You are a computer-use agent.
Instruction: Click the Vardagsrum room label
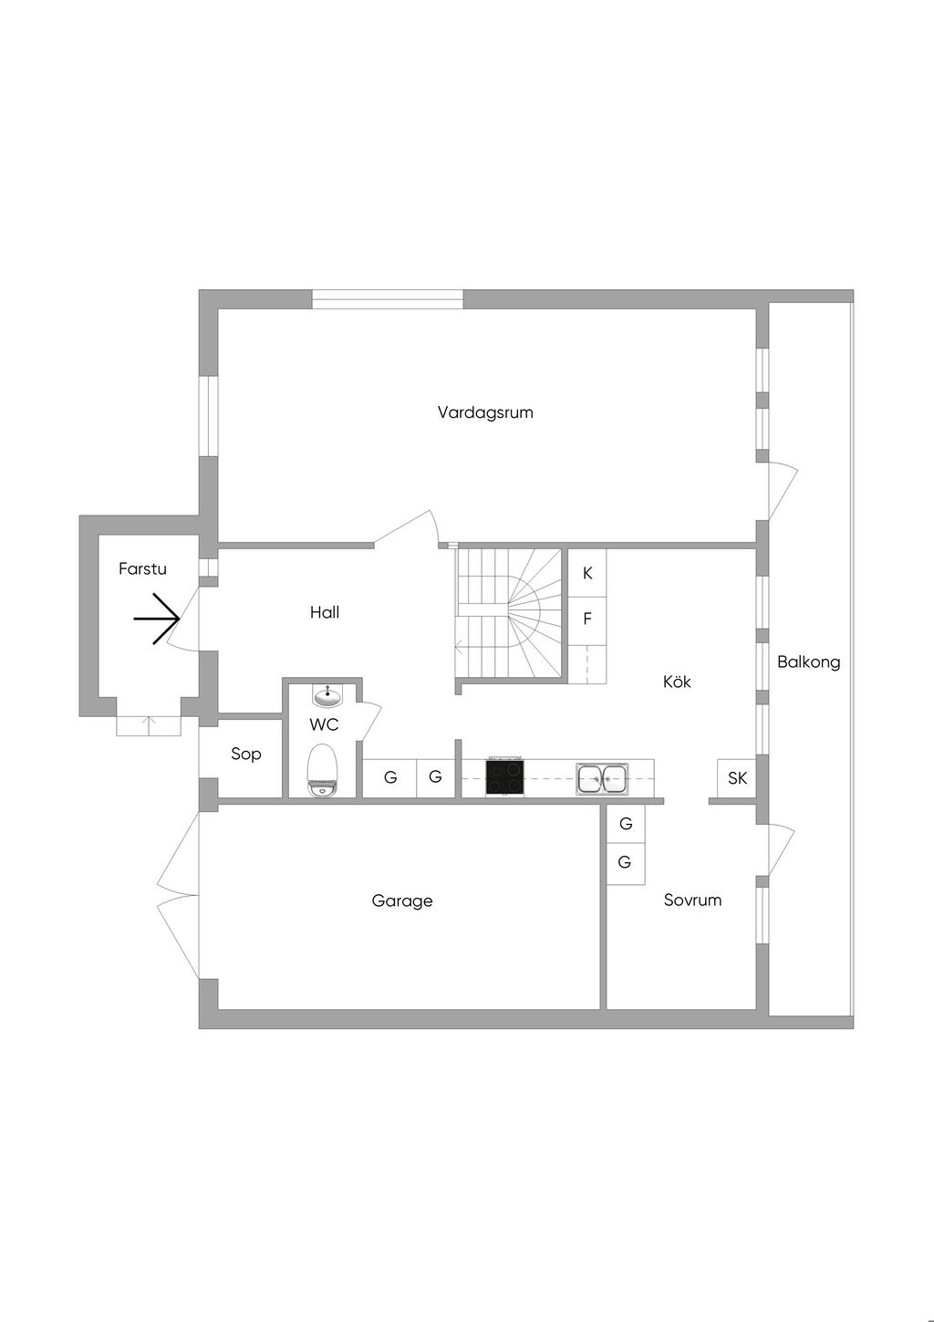[x=484, y=412]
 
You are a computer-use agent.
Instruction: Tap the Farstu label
[x=142, y=568]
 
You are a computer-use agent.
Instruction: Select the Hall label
[x=324, y=612]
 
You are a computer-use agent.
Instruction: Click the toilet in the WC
[x=322, y=769]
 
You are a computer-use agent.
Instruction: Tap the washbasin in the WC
[x=327, y=696]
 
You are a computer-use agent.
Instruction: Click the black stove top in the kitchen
[x=504, y=777]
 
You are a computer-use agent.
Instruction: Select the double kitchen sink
[x=602, y=779]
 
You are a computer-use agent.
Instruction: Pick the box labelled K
[x=587, y=573]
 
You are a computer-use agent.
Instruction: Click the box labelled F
[x=587, y=619]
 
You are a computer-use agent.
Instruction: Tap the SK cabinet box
[x=737, y=778]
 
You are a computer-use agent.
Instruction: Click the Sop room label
[x=245, y=754]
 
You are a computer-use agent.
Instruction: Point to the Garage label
[x=401, y=901]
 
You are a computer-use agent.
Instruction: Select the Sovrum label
[x=692, y=900]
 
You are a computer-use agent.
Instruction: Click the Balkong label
[x=808, y=662]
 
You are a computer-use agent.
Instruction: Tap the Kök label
[x=677, y=682]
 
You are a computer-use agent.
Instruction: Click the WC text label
[x=324, y=725]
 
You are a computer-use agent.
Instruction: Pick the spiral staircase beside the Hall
[x=511, y=613]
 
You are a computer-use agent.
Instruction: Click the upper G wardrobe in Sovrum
[x=626, y=824]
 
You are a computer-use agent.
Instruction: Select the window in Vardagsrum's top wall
[x=388, y=299]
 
